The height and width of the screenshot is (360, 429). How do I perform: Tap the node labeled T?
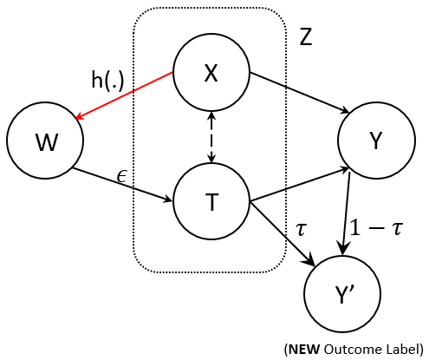click(x=211, y=201)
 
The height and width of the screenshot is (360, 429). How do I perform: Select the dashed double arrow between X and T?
click(x=211, y=137)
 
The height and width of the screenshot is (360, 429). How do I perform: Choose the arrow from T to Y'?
click(x=282, y=232)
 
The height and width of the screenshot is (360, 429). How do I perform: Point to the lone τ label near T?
click(x=301, y=228)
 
